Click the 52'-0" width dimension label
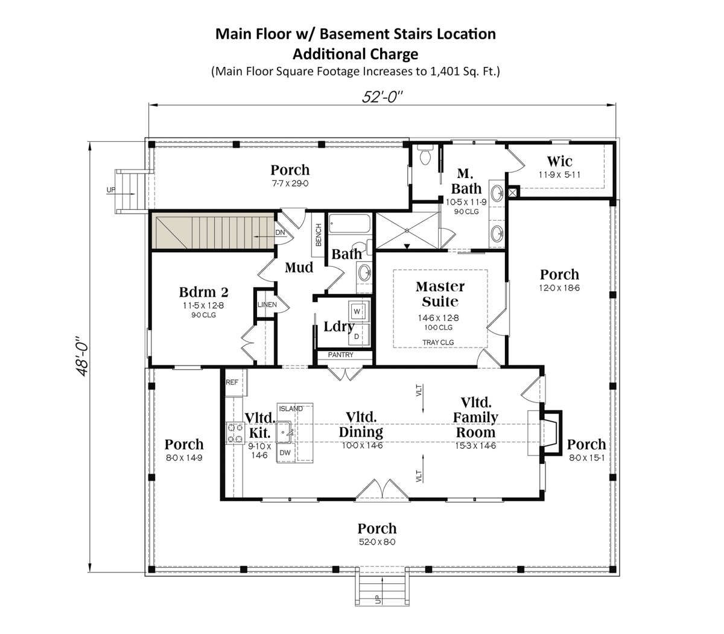pyautogui.click(x=382, y=97)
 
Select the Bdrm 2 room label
pyautogui.click(x=203, y=292)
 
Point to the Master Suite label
pyautogui.click(x=440, y=294)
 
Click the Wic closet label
pyautogui.click(x=559, y=161)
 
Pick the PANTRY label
pyautogui.click(x=340, y=355)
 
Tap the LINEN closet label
pyautogui.click(x=267, y=305)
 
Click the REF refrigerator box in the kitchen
pyautogui.click(x=236, y=382)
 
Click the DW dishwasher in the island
pyautogui.click(x=285, y=452)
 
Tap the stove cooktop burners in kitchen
pyautogui.click(x=235, y=433)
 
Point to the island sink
pyautogui.click(x=284, y=432)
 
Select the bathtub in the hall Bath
pyautogui.click(x=349, y=224)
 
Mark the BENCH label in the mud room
pyautogui.click(x=319, y=235)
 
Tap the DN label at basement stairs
pyautogui.click(x=280, y=232)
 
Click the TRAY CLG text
pyautogui.click(x=438, y=342)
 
